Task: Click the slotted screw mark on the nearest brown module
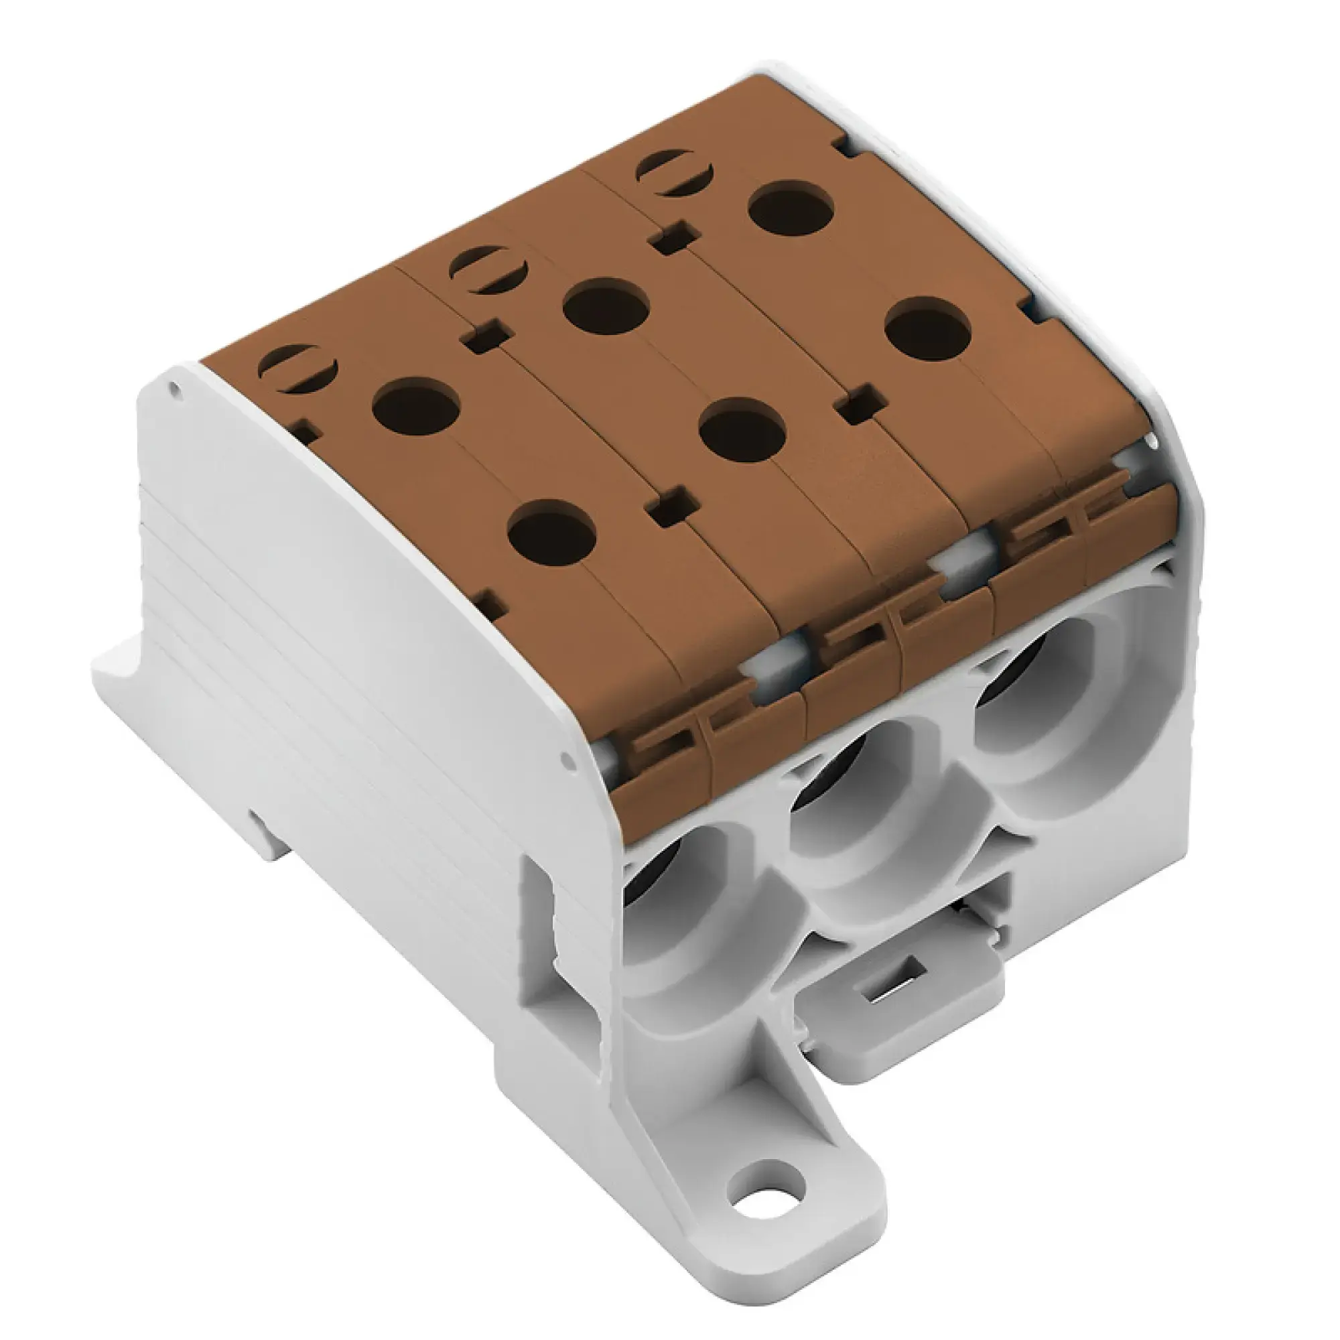(297, 368)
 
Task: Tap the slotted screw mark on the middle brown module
(488, 269)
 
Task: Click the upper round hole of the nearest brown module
(416, 407)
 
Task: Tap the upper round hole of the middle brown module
(606, 307)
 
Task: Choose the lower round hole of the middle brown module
(742, 425)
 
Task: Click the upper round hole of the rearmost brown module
(792, 208)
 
